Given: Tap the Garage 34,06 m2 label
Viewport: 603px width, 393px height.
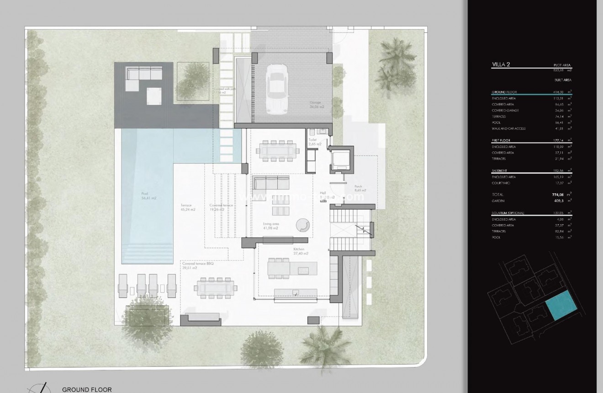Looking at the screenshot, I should pyautogui.click(x=315, y=105).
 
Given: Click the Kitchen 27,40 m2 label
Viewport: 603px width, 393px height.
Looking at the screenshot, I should pyautogui.click(x=301, y=251).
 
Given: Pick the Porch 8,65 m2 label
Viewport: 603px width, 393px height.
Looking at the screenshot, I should pyautogui.click(x=360, y=188).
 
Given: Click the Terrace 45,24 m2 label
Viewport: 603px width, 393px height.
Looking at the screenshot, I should pyautogui.click(x=188, y=208).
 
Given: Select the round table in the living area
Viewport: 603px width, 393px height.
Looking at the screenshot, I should pyautogui.click(x=302, y=225).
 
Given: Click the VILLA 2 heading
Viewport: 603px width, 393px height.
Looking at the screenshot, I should pyautogui.click(x=501, y=65).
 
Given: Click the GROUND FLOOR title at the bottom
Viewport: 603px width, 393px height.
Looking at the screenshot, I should pyautogui.click(x=87, y=389).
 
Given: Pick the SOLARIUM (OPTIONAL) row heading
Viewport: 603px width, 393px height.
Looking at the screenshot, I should pyautogui.click(x=508, y=213).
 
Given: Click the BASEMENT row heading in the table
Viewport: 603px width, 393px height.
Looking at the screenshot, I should pyautogui.click(x=499, y=170).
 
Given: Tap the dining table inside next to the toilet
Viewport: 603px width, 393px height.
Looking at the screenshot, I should pyautogui.click(x=276, y=150).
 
